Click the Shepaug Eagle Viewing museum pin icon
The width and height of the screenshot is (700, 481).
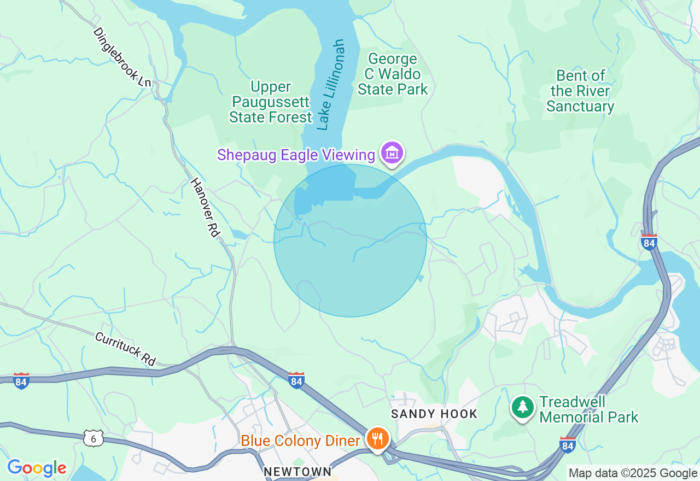click(392, 154)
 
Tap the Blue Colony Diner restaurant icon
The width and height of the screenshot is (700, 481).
click(377, 438)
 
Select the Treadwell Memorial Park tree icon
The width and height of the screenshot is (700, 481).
click(523, 408)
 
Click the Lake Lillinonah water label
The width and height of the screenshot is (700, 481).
click(331, 85)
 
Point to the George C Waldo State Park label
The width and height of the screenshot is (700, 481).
click(393, 74)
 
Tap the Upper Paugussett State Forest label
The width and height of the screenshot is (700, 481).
click(270, 102)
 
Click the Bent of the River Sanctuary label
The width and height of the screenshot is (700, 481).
click(580, 91)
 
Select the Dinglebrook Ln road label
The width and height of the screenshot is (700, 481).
click(121, 57)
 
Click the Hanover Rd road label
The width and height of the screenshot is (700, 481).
click(205, 207)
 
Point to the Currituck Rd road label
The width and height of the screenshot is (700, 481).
click(125, 349)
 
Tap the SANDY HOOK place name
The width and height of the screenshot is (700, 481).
click(434, 414)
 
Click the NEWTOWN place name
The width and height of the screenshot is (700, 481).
click(297, 471)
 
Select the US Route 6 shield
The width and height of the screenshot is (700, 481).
click(94, 437)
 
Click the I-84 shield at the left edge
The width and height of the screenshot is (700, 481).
click(21, 380)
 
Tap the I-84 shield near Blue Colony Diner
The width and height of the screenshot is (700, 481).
click(296, 379)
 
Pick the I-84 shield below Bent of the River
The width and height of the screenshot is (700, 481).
click(649, 241)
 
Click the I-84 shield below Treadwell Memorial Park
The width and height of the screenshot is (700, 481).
click(568, 444)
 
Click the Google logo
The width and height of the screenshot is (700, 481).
click(37, 468)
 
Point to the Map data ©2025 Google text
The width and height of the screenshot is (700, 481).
click(633, 473)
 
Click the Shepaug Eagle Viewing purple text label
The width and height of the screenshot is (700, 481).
click(296, 155)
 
